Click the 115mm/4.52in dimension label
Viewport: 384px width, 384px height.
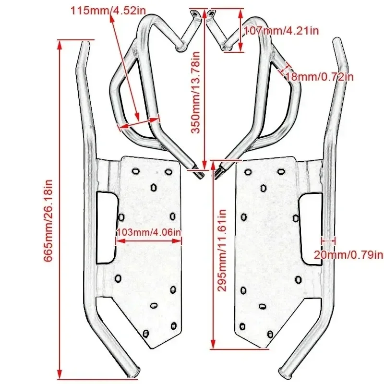click(x=108, y=11)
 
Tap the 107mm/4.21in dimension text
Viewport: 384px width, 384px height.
click(x=282, y=31)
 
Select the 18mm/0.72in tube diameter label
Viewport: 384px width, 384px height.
click(x=320, y=77)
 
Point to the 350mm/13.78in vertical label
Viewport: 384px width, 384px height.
click(x=196, y=92)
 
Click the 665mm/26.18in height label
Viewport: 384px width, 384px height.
click(x=48, y=221)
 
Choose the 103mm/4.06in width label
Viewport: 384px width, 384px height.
click(x=149, y=232)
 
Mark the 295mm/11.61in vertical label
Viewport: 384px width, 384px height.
click(x=222, y=250)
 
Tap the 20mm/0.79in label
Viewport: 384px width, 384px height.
click(x=348, y=255)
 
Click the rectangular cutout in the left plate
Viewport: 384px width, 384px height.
click(x=107, y=227)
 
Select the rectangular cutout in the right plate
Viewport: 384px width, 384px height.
click(x=311, y=229)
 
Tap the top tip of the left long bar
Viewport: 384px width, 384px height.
click(x=85, y=43)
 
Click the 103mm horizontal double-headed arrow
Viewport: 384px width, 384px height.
click(x=149, y=241)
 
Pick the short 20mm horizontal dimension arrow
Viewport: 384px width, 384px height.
click(x=328, y=241)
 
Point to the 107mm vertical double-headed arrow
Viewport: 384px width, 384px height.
click(x=240, y=30)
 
